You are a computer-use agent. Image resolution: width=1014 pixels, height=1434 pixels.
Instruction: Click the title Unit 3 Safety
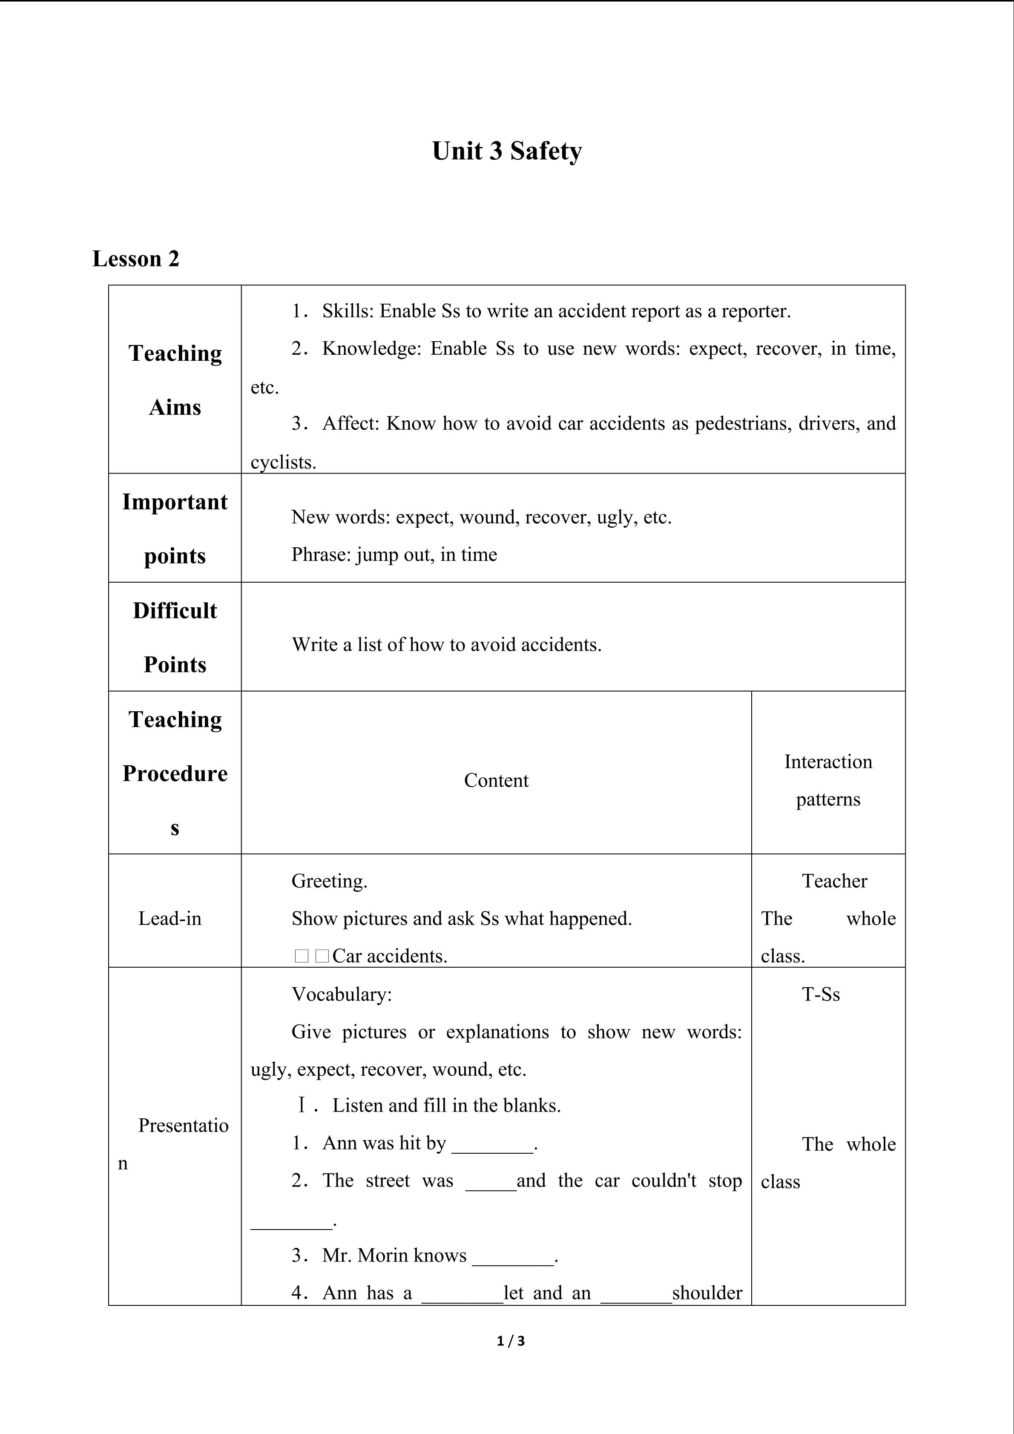click(506, 151)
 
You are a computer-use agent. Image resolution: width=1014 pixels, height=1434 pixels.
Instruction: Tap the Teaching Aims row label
click(175, 380)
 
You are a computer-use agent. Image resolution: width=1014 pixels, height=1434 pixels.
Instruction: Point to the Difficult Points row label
click(175, 637)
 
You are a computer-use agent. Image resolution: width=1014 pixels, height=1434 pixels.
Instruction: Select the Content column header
click(496, 780)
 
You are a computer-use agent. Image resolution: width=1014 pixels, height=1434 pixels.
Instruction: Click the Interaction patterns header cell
click(828, 780)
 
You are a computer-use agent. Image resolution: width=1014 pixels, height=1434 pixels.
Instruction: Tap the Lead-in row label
click(170, 918)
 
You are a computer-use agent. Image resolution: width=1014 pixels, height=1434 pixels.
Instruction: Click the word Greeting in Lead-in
click(328, 881)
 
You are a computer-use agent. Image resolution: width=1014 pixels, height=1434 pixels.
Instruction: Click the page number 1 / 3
click(511, 1341)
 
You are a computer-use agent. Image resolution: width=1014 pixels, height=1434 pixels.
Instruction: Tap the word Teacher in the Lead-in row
click(834, 881)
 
